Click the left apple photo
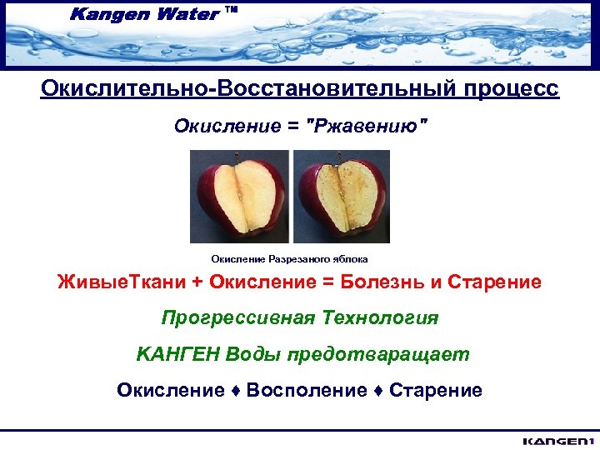coord(239,196)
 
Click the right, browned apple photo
coord(341,196)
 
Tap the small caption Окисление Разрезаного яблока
coord(289,259)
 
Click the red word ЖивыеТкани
coord(122,282)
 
